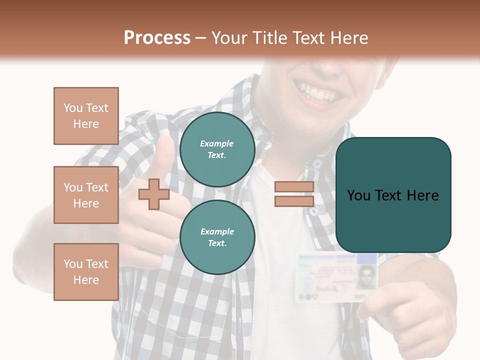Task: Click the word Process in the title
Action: [x=157, y=38]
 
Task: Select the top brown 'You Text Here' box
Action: [x=86, y=116]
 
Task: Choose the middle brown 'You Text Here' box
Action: [x=86, y=195]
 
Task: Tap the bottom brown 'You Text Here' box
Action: [x=86, y=272]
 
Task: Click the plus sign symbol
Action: [x=154, y=194]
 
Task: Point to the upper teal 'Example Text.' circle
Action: [x=217, y=149]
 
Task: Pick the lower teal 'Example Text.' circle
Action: [x=217, y=237]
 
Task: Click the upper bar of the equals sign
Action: [x=294, y=187]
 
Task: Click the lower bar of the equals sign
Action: [x=294, y=201]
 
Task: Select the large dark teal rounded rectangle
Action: [x=393, y=195]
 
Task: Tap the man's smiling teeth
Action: [x=317, y=93]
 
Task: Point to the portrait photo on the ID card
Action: [x=366, y=276]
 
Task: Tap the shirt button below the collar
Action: [x=316, y=163]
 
